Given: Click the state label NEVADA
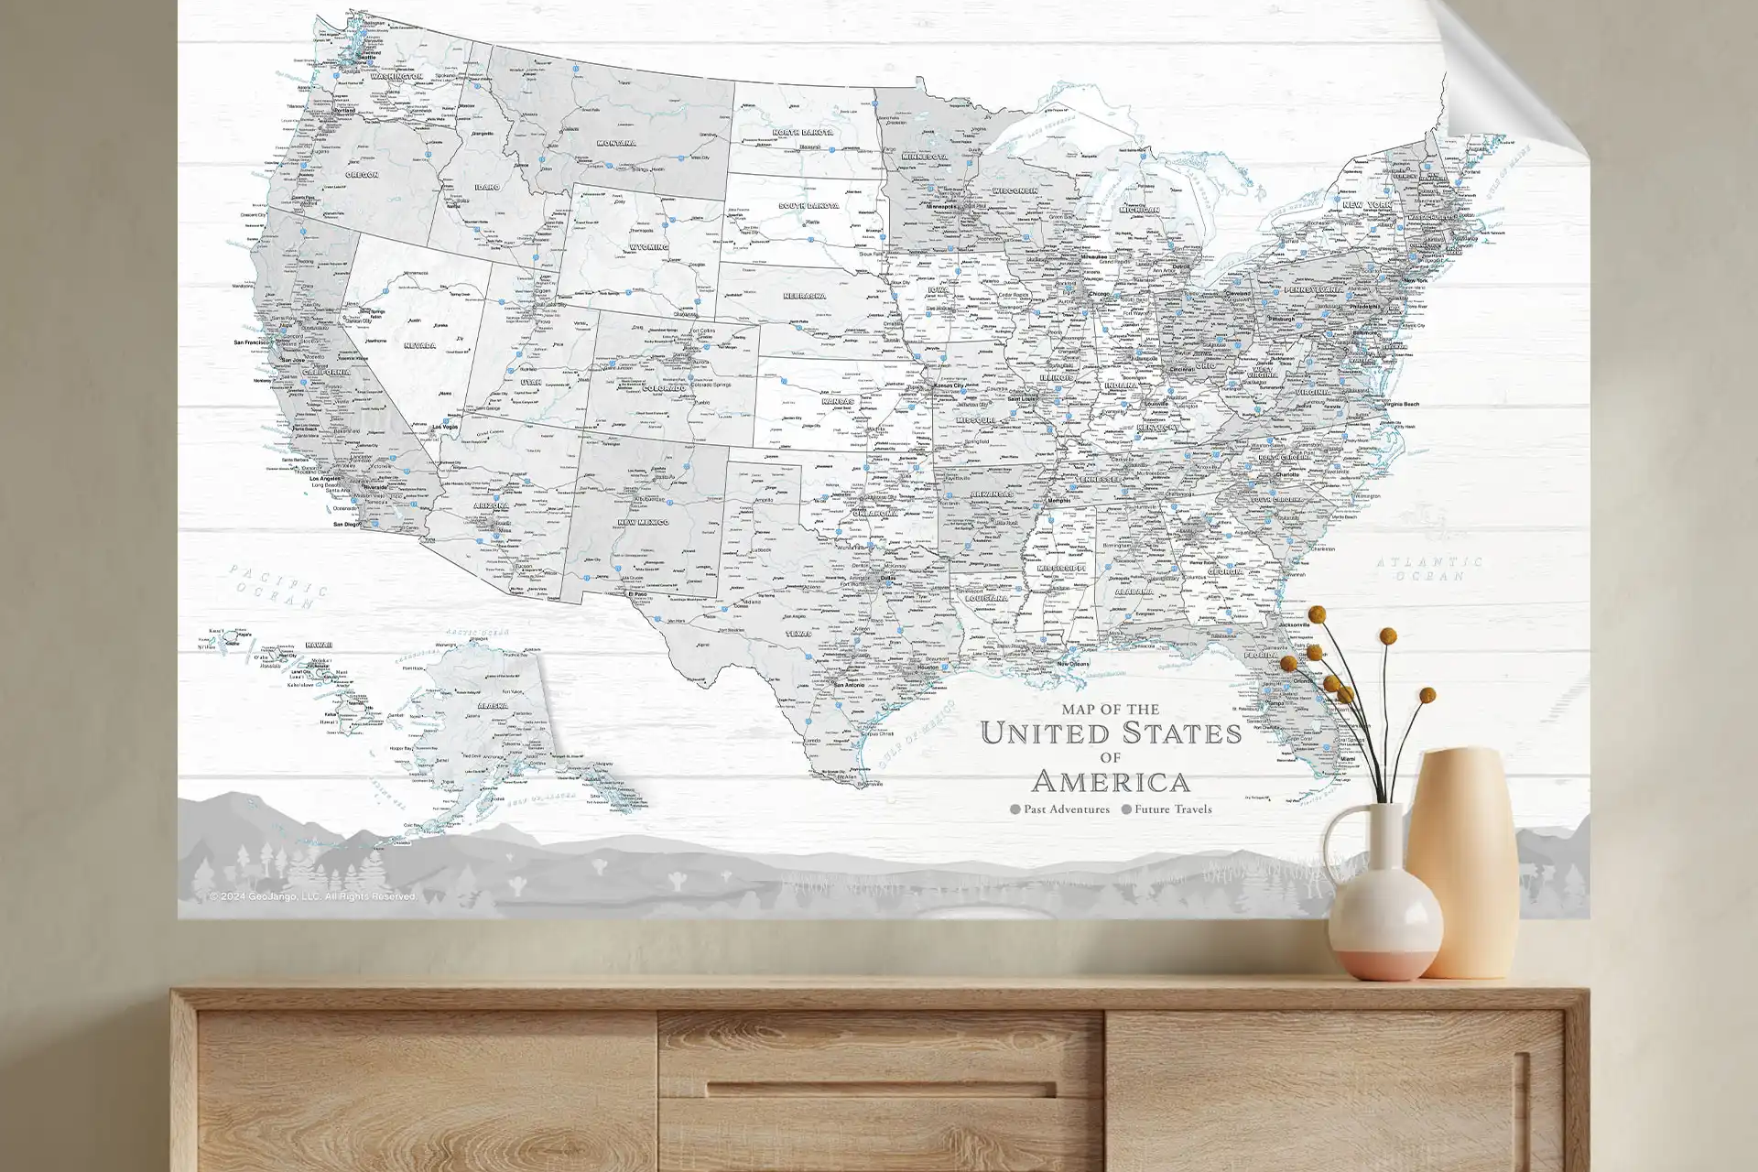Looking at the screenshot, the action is click(x=419, y=346).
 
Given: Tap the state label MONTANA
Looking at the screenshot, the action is click(x=616, y=144).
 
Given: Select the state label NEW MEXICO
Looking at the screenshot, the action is click(x=643, y=522).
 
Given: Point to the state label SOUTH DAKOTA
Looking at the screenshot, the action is click(x=808, y=206).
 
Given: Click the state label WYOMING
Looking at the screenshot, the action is click(x=648, y=247).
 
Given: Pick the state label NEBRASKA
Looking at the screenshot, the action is click(x=805, y=297).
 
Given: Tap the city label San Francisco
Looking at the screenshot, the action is click(x=252, y=342).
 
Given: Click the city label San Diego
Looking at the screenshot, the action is click(x=346, y=525).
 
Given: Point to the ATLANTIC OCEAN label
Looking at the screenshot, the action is click(x=1429, y=569).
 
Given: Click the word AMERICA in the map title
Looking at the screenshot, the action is click(x=1111, y=782).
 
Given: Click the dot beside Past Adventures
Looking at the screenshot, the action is click(x=1015, y=809).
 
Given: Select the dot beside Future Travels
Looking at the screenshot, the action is click(x=1126, y=809).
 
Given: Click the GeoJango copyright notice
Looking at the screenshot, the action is click(x=312, y=896).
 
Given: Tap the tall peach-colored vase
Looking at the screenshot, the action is click(x=1461, y=861).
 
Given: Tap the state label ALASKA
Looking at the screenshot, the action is click(x=493, y=706).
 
